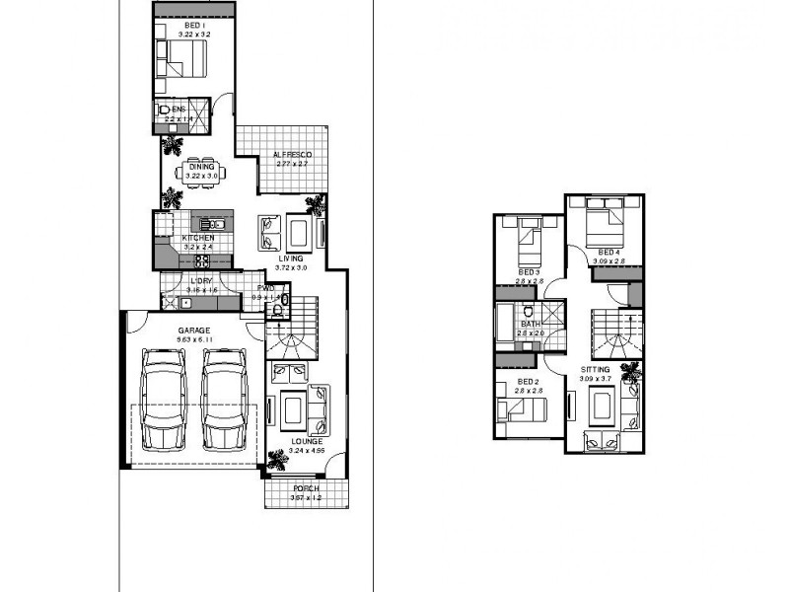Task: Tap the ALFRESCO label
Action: [292, 156]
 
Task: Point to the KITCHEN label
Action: [198, 239]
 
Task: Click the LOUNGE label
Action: [307, 441]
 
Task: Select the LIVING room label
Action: [291, 259]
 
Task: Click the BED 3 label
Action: [530, 271]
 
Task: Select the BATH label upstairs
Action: [530, 325]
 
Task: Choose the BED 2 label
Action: [529, 382]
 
